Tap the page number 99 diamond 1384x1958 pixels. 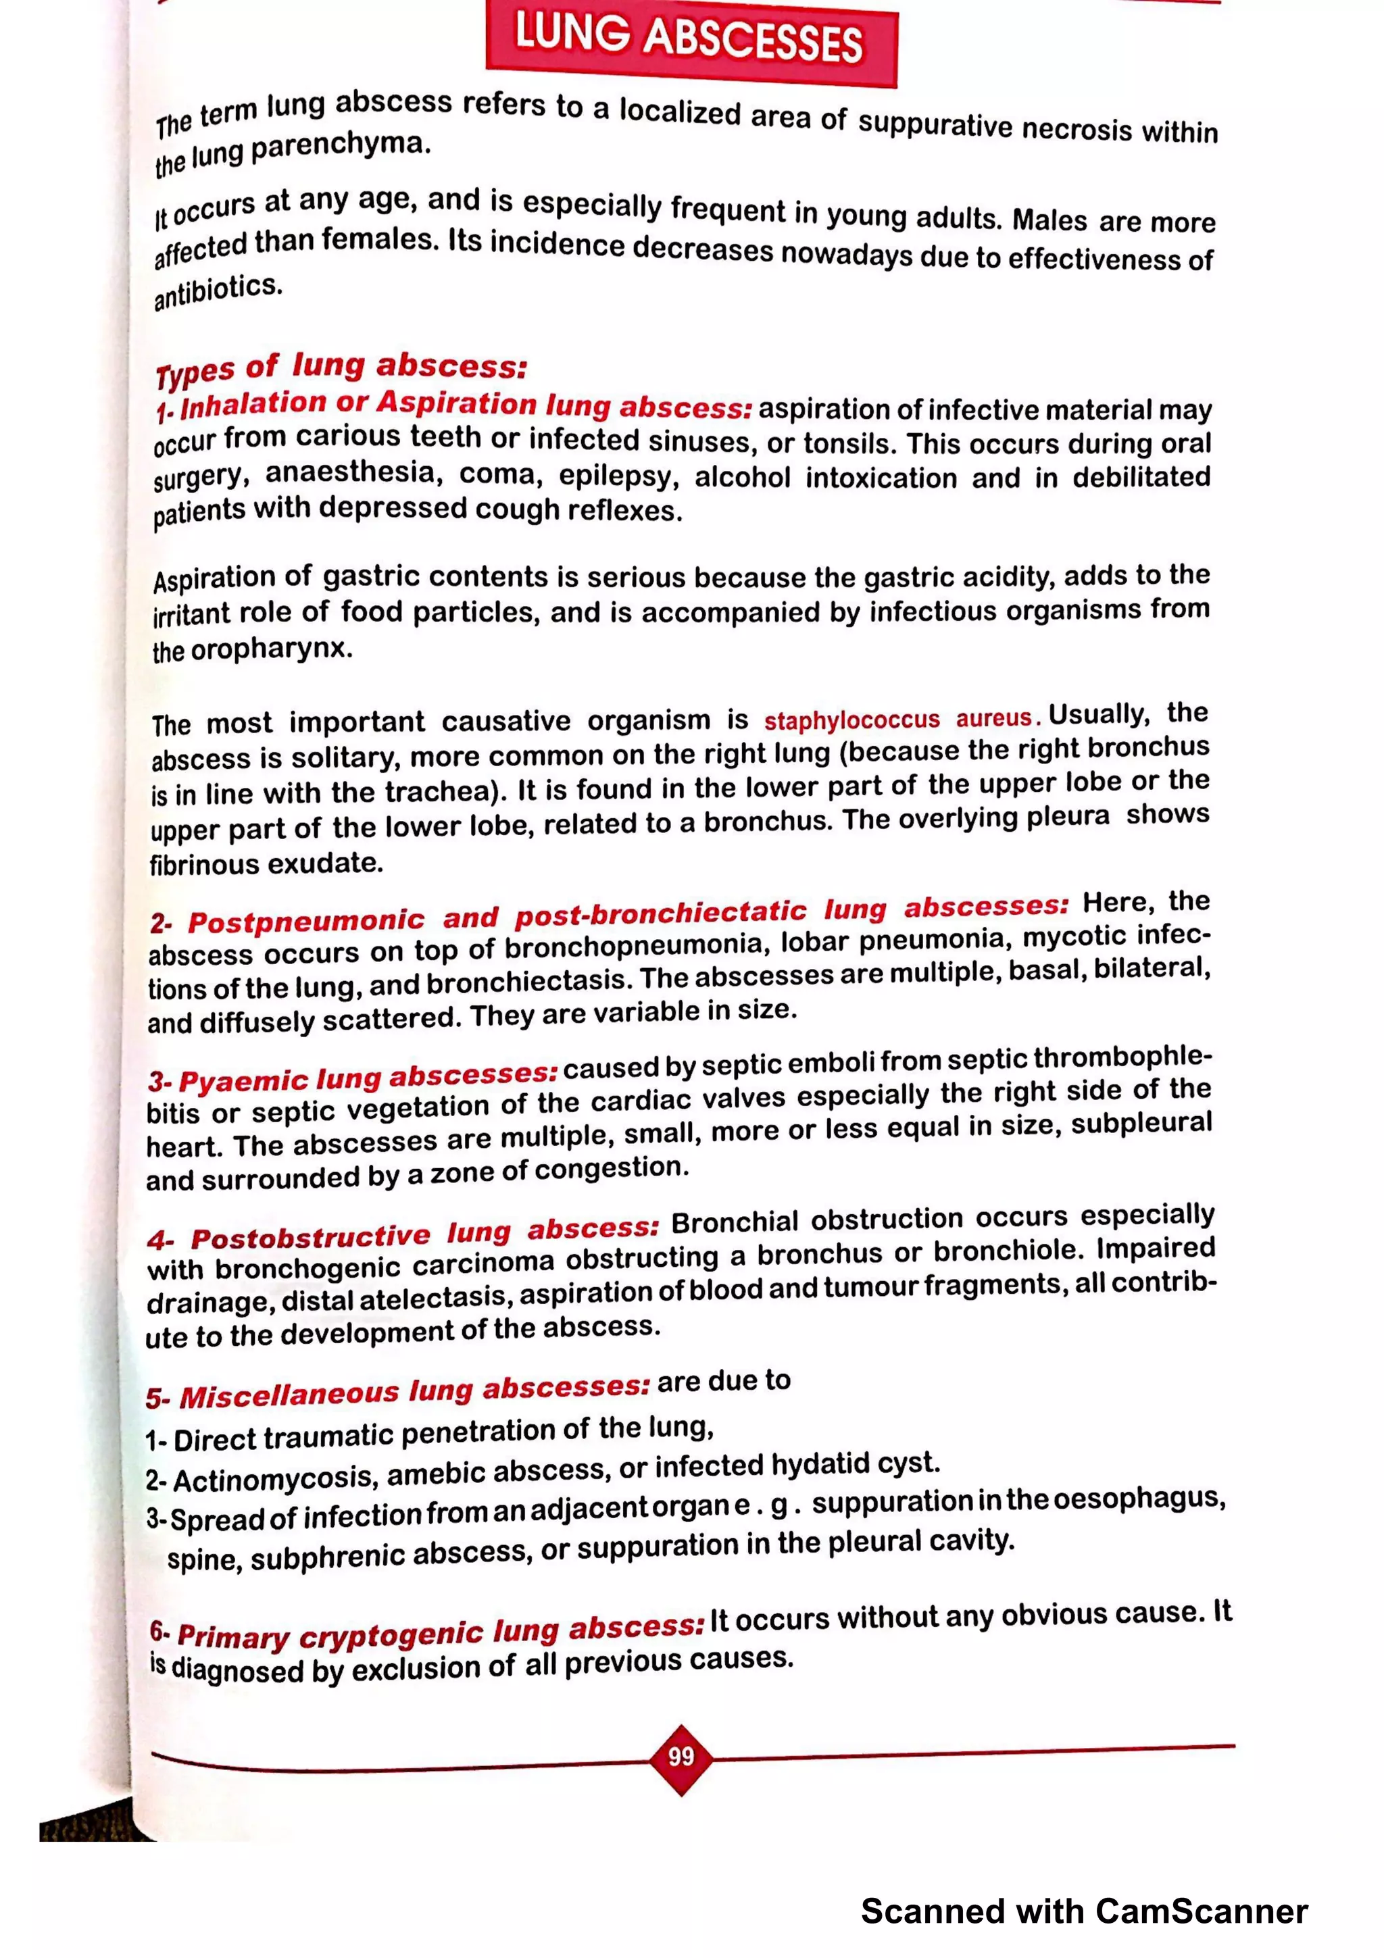[x=681, y=1757]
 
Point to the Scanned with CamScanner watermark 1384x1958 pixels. [x=1084, y=1911]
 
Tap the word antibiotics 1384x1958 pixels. [x=218, y=291]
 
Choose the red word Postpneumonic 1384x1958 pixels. [x=305, y=921]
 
